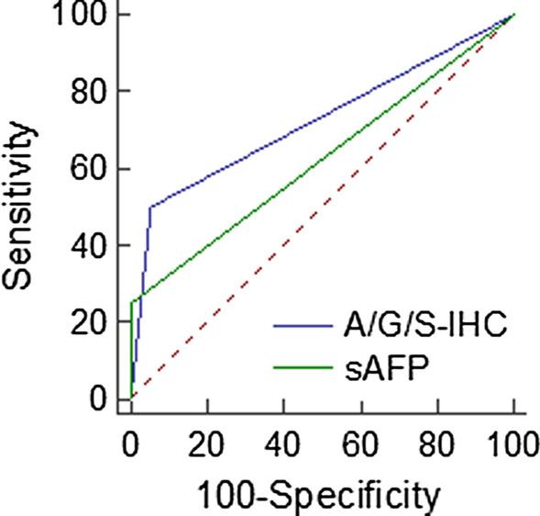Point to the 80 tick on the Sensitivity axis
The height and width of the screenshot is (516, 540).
click(x=88, y=92)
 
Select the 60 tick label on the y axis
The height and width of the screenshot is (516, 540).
click(x=88, y=169)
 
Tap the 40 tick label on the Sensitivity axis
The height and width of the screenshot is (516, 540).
click(x=88, y=246)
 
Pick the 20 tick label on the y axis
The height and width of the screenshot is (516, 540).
click(x=88, y=322)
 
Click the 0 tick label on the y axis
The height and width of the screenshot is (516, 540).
click(x=98, y=399)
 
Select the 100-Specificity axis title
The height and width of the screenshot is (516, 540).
click(x=322, y=496)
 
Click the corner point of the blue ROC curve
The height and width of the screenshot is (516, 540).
click(x=150, y=207)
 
